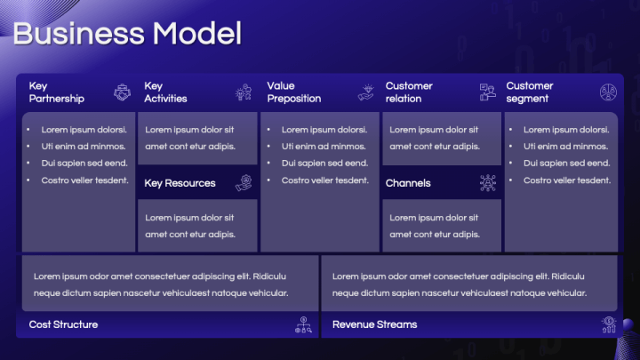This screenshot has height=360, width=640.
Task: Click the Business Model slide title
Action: [127, 34]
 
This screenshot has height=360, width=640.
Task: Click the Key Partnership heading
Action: [56, 92]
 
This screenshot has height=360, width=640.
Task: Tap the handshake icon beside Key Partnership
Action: [122, 92]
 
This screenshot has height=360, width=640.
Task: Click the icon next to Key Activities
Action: [244, 92]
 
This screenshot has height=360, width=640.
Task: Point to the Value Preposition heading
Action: [293, 92]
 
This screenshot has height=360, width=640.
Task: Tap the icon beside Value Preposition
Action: [366, 92]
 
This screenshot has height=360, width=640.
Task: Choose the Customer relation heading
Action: [409, 92]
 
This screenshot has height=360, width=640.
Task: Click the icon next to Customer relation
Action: [487, 92]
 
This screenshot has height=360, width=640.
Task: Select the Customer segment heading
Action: [530, 92]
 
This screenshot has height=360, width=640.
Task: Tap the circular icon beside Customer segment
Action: [609, 92]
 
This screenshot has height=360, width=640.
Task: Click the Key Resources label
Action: [180, 183]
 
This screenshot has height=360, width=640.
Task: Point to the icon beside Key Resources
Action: [244, 183]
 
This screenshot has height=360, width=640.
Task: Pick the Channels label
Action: [408, 183]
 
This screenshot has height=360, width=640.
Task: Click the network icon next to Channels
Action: [487, 183]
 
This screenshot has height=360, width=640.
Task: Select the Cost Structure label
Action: [63, 324]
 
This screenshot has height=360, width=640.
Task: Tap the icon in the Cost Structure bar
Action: [303, 325]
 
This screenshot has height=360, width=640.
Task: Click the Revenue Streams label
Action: [374, 324]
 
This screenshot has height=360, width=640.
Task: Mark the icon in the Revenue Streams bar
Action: [609, 324]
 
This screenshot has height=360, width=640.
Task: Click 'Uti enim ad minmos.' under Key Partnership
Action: [83, 146]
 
